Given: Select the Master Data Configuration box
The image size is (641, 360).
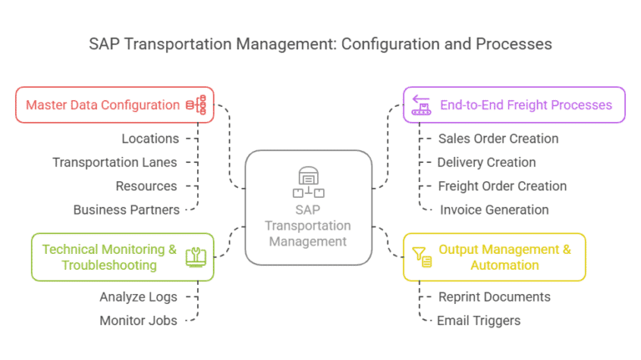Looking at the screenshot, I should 114,105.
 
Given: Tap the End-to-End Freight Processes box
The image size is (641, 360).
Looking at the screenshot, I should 514,105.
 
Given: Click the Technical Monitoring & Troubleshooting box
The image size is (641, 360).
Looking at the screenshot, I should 122,257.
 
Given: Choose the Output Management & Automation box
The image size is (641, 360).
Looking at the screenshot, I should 494,257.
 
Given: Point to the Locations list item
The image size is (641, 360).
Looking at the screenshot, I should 150,139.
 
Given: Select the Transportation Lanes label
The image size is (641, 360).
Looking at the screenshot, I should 114,162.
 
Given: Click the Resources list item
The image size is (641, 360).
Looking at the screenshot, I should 146,186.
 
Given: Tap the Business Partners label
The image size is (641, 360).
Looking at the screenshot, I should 126,210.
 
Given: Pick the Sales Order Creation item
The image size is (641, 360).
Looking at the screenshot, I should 498,139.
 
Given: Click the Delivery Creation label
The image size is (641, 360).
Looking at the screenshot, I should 487,162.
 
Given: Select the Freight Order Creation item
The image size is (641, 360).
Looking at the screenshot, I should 502,186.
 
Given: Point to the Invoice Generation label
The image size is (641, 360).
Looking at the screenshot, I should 494,210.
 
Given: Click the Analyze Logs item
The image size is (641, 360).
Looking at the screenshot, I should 139,297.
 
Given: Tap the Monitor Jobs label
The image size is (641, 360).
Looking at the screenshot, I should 139,320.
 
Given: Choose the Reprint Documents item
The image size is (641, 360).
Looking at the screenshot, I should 494,297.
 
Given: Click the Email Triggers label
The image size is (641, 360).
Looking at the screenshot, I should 479,320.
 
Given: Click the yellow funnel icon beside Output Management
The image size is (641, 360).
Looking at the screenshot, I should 421,256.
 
